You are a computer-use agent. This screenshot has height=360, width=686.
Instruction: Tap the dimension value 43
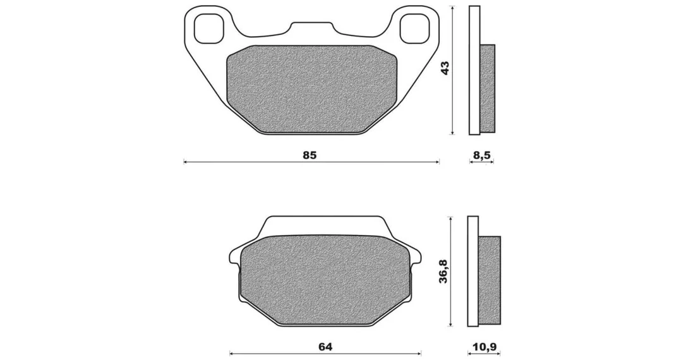click(x=445, y=68)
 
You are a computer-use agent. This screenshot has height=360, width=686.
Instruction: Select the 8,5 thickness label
click(x=482, y=155)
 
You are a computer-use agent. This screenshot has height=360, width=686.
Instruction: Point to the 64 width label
click(x=325, y=347)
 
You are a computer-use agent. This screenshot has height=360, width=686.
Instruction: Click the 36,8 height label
click(x=443, y=272)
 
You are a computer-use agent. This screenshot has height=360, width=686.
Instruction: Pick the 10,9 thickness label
click(x=484, y=347)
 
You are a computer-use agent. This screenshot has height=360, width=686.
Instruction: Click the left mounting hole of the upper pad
click(x=208, y=28)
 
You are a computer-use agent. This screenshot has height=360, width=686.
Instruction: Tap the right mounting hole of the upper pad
click(x=414, y=28)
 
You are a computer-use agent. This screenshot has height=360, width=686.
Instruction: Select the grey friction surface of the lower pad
click(x=325, y=280)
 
